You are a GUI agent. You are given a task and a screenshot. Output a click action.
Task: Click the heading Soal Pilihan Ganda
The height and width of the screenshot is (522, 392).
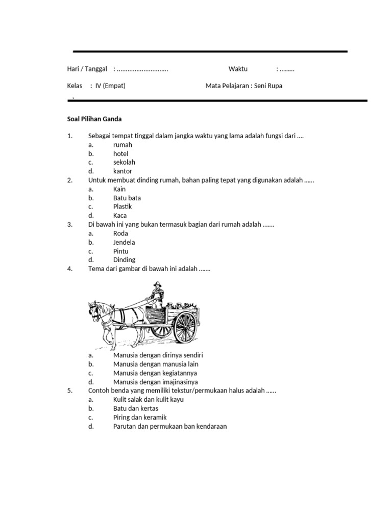point(94,119)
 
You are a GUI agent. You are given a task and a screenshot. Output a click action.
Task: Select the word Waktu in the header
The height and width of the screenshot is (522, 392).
point(238,69)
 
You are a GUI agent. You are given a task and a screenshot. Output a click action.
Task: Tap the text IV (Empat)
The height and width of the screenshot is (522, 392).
point(110,86)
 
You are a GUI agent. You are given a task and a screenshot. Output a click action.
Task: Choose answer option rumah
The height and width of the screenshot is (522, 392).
point(122,145)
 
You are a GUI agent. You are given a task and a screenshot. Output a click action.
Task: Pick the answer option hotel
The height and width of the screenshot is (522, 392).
point(121,153)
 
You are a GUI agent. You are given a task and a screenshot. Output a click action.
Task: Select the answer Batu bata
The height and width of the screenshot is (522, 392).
point(127,198)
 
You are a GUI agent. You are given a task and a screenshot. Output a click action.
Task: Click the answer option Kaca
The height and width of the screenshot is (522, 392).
point(120,216)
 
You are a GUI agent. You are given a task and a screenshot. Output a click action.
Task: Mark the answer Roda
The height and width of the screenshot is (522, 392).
point(121,233)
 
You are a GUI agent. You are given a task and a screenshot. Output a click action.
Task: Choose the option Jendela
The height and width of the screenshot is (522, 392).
point(124,242)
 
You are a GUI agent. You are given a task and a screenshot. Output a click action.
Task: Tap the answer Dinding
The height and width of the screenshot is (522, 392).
point(125,259)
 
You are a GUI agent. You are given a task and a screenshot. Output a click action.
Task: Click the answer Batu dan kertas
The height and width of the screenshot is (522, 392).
point(136,408)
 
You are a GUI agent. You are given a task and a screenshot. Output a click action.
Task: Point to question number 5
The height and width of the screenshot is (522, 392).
point(70,390)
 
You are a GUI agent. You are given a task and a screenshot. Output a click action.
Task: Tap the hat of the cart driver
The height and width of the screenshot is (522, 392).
point(155,284)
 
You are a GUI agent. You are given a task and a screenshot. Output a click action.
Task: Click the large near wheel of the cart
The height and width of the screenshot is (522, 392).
point(185,326)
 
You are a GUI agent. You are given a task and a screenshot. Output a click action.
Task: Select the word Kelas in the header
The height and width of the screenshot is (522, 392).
point(75,86)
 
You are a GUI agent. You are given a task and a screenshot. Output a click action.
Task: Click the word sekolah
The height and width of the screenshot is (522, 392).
point(124,162)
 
